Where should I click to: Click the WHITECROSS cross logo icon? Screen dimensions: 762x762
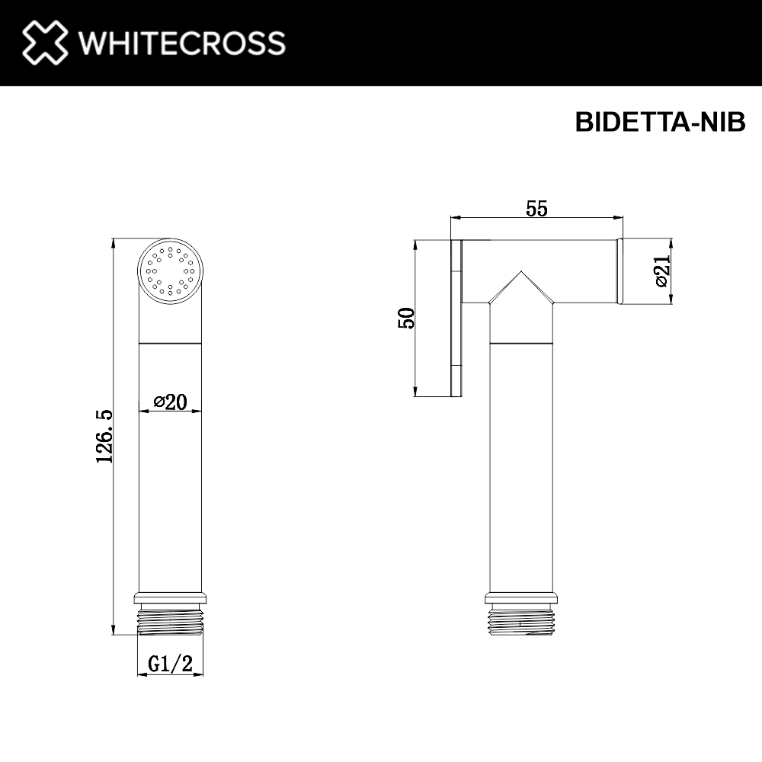coord(45,43)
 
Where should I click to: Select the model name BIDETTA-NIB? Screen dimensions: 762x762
coord(660,123)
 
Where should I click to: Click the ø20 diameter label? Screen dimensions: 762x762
coord(170,402)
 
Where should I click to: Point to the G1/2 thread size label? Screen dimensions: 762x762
coord(170,664)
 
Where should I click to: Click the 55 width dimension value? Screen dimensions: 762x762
coord(536,208)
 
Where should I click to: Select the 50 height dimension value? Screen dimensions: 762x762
coord(408,318)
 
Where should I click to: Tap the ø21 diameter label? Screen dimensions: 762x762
coord(661,271)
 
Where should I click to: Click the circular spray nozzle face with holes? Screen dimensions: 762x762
coord(171,271)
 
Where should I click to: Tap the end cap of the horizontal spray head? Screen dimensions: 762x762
coord(620,271)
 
